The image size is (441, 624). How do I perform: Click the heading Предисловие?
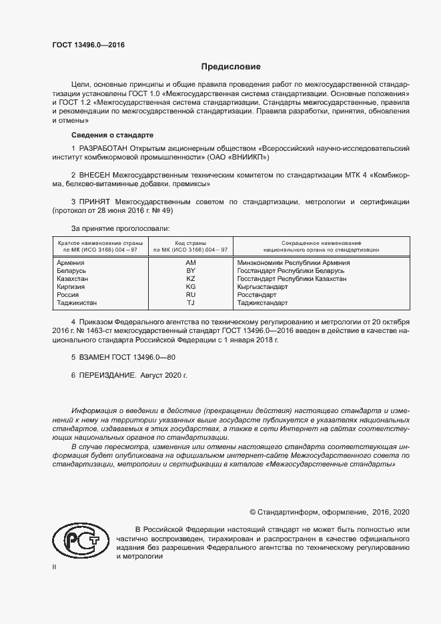tap(232, 67)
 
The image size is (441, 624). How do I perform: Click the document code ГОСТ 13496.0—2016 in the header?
tap(88, 45)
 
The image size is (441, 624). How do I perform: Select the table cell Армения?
tap(71, 263)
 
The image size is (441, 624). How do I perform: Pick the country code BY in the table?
tap(190, 271)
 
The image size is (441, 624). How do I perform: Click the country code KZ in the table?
tap(190, 279)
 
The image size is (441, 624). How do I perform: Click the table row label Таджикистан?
tap(77, 303)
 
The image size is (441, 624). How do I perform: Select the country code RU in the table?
tap(190, 295)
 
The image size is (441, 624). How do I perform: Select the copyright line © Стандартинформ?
tap(329, 512)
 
